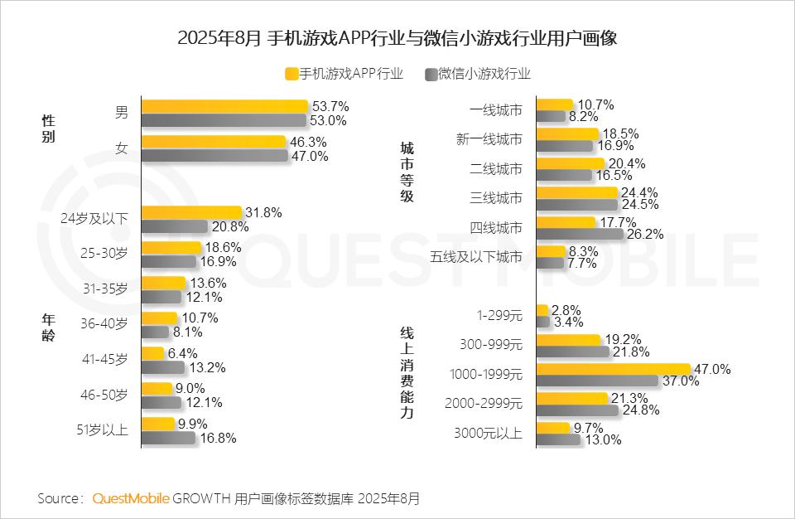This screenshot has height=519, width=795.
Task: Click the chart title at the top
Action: (397, 39)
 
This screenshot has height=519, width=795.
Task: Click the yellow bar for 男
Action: (224, 106)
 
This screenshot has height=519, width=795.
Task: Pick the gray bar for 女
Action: (215, 156)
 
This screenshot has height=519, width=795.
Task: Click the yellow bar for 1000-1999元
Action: (614, 368)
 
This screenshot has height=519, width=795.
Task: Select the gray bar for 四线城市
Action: (580, 235)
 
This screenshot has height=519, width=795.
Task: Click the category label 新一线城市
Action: (489, 139)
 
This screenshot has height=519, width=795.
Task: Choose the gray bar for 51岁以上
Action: (169, 438)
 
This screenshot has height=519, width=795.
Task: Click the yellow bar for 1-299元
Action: (542, 309)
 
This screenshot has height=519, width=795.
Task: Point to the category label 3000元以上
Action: (489, 433)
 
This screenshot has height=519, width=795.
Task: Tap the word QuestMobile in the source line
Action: (131, 498)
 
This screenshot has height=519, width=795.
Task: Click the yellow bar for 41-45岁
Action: (153, 353)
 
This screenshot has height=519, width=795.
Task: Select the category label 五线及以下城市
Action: (477, 258)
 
